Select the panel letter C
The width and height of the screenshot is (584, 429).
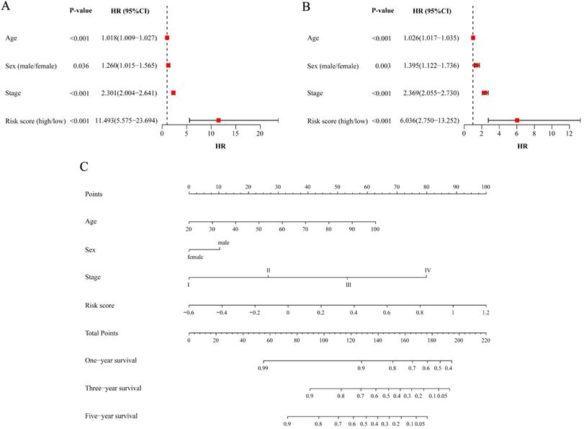[85, 165]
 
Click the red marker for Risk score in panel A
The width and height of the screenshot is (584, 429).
[218, 120]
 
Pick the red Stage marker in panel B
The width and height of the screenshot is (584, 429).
[485, 93]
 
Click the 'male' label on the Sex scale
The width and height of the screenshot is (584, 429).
[223, 243]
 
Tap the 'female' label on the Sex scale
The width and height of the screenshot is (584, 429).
[195, 257]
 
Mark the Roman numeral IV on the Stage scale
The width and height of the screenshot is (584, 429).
[428, 271]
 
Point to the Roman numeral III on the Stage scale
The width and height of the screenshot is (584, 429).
[348, 285]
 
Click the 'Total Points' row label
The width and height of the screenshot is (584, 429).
[101, 333]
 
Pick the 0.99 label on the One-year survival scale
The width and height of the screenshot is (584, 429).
[264, 368]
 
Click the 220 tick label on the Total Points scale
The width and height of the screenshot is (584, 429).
[485, 340]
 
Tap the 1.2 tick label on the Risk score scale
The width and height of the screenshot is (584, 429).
[485, 313]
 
